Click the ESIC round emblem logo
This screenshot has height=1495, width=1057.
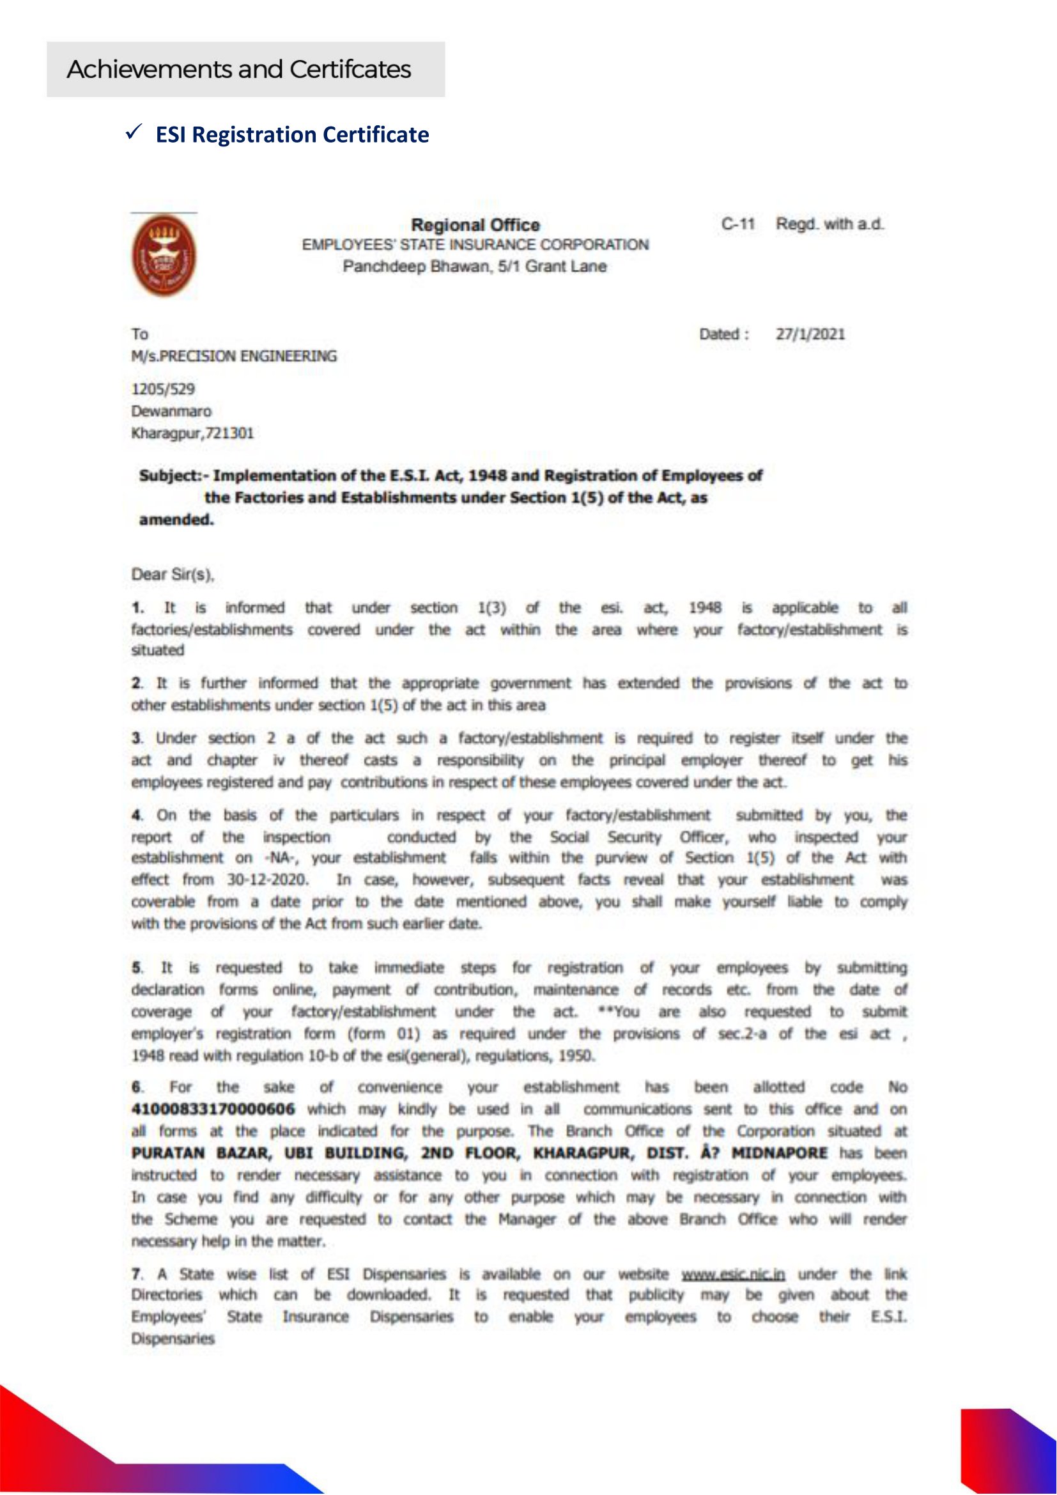point(164,254)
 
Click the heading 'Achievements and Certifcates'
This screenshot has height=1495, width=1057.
point(239,70)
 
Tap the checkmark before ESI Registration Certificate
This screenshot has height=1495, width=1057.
point(134,133)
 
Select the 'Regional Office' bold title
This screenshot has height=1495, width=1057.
point(475,225)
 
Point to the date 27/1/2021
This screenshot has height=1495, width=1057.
point(810,335)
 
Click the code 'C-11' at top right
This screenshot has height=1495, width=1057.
point(737,224)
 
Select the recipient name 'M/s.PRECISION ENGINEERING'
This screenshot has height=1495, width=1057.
point(235,356)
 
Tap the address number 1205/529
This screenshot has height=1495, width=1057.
point(163,389)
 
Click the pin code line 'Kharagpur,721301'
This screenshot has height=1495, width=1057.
point(192,433)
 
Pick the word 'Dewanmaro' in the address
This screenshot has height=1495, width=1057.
point(171,412)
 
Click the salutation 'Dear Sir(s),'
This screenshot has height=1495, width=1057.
point(173,575)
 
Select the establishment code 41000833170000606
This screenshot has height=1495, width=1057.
point(213,1109)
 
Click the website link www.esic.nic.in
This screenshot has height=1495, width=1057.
point(733,1274)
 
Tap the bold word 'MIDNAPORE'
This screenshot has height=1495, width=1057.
point(779,1153)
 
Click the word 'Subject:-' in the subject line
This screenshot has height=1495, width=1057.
point(173,476)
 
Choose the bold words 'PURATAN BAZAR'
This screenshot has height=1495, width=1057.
point(200,1153)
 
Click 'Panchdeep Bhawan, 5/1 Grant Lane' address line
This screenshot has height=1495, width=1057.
point(474,267)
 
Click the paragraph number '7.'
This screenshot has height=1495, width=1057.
point(137,1274)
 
